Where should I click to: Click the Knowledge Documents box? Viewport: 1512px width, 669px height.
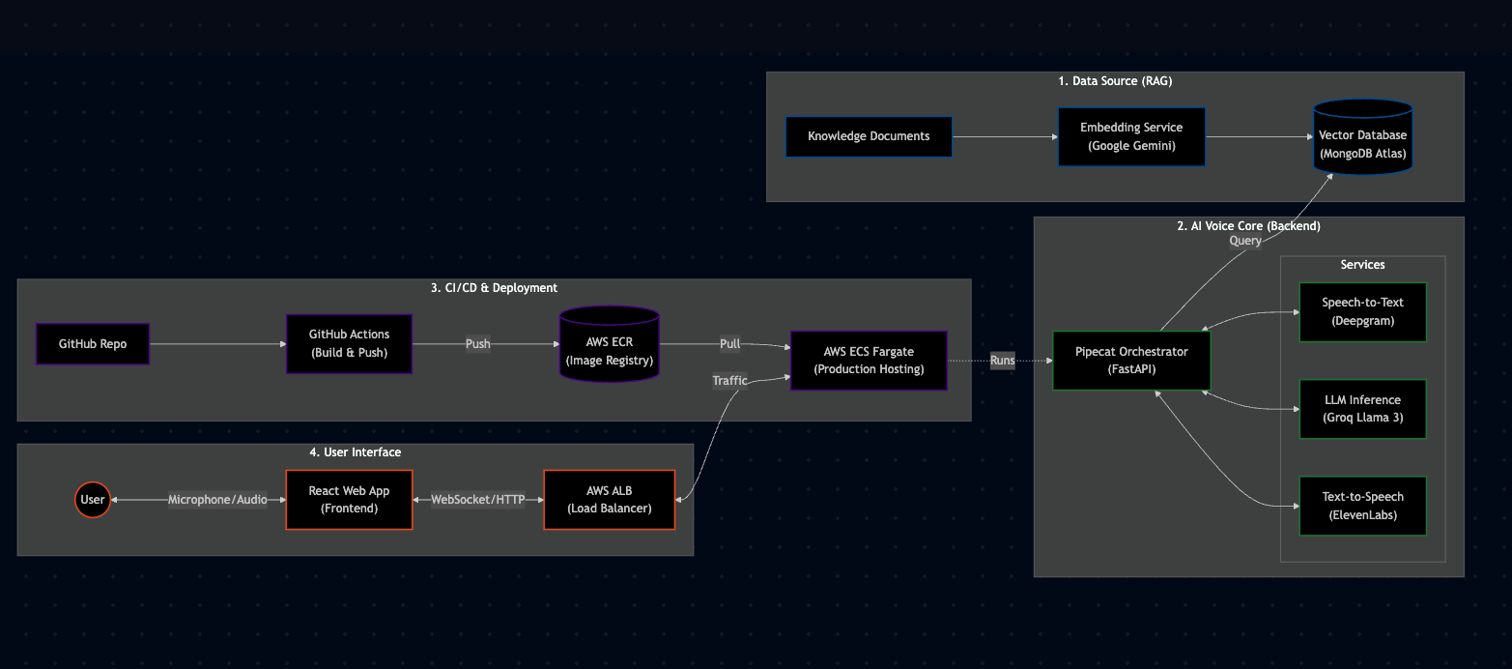869,136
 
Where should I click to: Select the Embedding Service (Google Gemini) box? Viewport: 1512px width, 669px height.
1130,136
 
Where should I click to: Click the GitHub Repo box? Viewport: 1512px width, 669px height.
93,344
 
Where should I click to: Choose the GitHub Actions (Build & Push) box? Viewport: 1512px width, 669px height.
349,344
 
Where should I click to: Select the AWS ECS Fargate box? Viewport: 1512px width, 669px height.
869,361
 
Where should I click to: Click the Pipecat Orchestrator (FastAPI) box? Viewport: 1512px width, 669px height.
1131,361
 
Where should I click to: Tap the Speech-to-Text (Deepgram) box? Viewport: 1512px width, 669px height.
1362,311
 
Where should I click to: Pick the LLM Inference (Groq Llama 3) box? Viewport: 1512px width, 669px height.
1362,409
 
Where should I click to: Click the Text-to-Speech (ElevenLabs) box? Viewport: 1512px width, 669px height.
1362,506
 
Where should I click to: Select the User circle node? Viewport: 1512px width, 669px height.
93,500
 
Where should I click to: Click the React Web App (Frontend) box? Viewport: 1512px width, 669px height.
349,500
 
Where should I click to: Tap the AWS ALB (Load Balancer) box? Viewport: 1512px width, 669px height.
609,500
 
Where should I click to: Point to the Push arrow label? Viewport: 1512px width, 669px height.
477,344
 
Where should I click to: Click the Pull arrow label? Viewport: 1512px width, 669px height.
729,344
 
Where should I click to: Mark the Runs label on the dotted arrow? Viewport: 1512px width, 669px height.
1002,361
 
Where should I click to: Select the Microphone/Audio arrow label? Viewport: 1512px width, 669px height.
217,500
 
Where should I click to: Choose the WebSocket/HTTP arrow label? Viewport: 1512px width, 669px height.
477,500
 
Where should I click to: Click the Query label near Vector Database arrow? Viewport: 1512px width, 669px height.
1244,241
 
